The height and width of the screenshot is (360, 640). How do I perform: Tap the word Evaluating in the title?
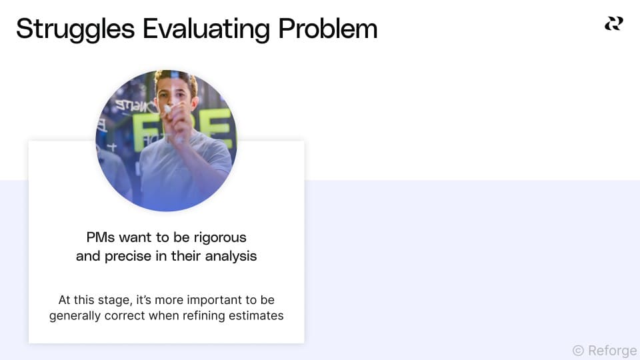(204, 29)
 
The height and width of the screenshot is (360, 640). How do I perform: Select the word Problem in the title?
(327, 29)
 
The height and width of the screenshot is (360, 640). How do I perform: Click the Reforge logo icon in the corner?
(613, 24)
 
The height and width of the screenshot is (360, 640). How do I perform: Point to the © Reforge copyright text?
(604, 351)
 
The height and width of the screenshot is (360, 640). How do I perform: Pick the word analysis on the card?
(230, 256)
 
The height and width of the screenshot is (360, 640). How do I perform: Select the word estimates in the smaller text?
(257, 315)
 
